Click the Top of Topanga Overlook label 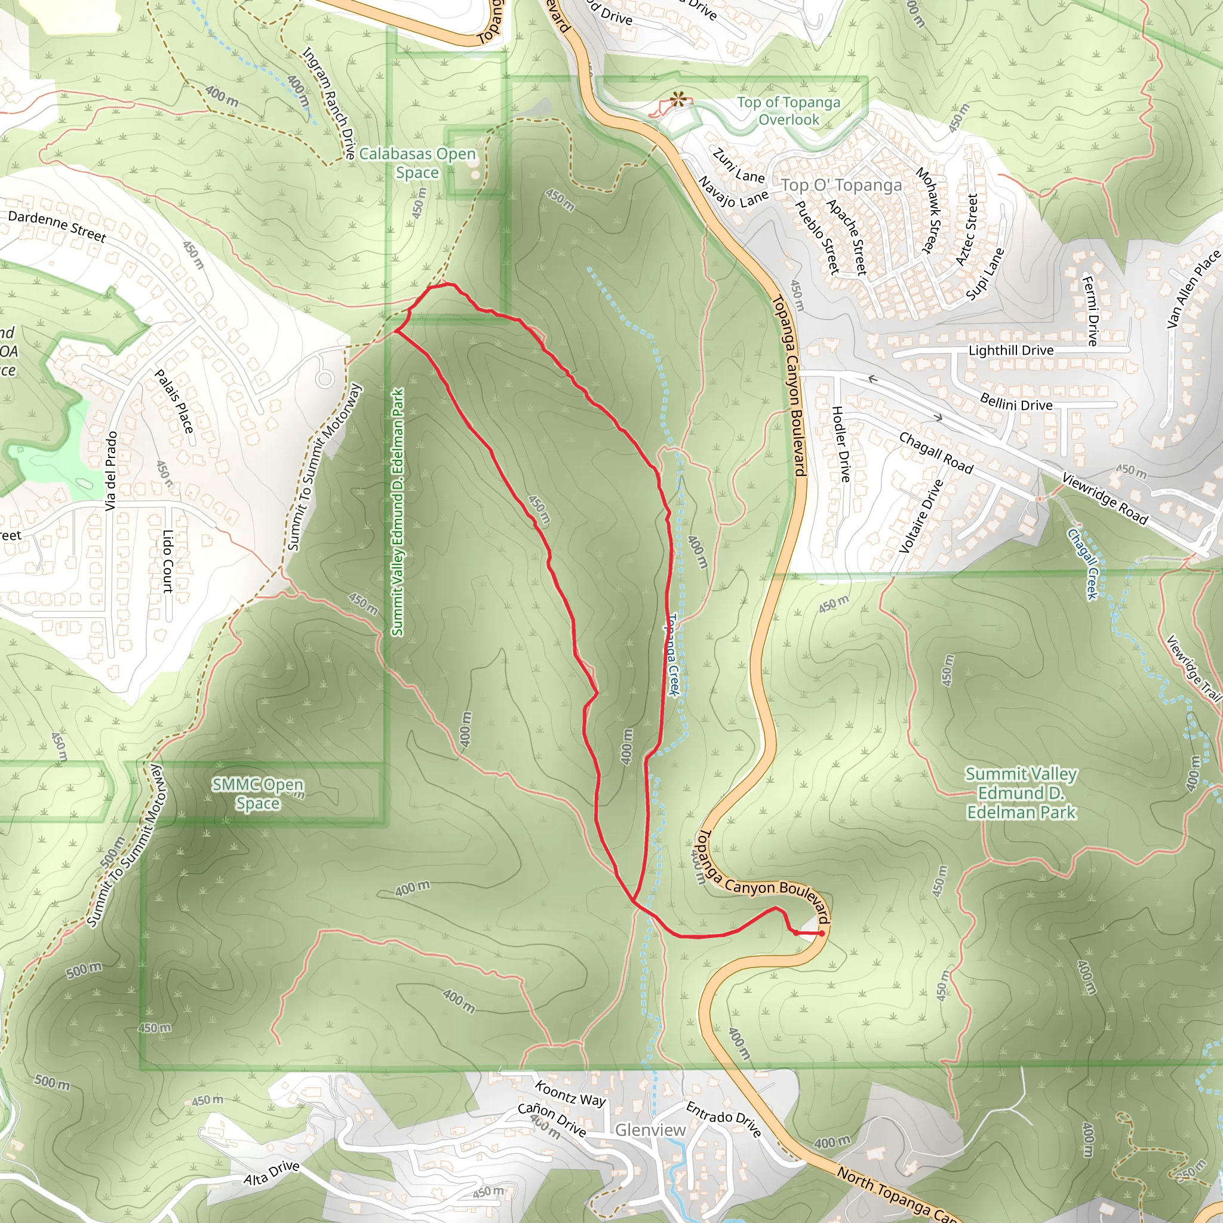point(788,111)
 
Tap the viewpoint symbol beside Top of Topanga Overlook point(678,99)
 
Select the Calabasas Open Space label point(417,162)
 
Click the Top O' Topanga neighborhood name point(841,185)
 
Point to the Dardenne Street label point(57,226)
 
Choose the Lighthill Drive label point(1011,351)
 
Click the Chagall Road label point(936,453)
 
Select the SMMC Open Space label point(257,794)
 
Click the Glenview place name point(650,1130)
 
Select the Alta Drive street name point(272,1173)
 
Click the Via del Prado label point(112,471)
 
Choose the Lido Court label point(168,561)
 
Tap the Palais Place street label point(174,401)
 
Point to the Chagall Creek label point(1083,563)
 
